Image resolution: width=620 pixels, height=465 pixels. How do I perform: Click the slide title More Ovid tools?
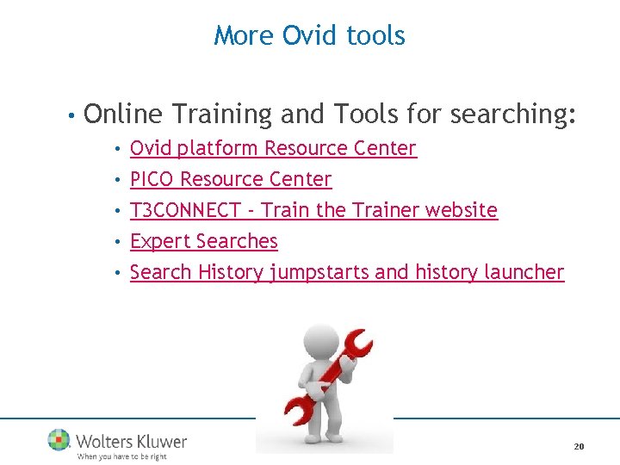point(309,35)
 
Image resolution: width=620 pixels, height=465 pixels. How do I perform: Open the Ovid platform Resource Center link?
point(273,148)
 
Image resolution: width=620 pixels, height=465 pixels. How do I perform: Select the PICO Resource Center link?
point(230,179)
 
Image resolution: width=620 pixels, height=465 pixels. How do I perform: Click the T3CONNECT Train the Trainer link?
point(313,210)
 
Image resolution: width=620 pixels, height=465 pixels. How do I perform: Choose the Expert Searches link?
point(203,241)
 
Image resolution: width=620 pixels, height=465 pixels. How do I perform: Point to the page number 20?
point(579,446)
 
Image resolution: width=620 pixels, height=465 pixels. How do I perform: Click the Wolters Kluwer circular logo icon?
point(59,440)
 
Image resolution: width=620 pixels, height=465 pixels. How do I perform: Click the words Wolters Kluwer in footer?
point(131,441)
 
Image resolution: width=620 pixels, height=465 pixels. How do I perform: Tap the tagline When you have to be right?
point(121,456)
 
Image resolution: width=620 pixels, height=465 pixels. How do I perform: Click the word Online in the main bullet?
point(124,115)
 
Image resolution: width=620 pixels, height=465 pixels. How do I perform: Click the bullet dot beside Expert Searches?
point(117,242)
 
